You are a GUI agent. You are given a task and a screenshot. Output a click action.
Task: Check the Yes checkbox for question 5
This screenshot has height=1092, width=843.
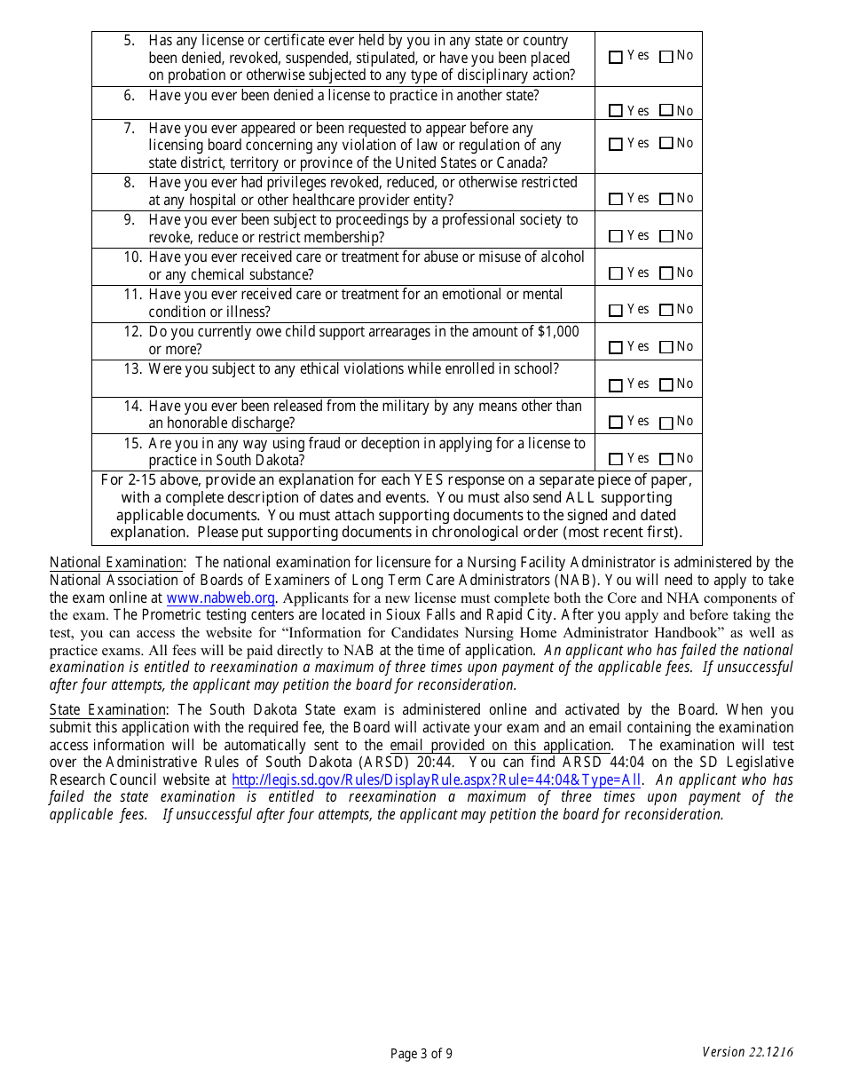tap(616, 57)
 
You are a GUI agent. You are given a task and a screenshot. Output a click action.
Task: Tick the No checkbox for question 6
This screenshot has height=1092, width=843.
tap(666, 112)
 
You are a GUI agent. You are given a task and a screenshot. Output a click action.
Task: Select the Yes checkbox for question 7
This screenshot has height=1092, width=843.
tap(616, 145)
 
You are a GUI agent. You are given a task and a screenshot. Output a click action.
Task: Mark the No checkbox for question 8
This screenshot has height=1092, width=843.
tap(666, 200)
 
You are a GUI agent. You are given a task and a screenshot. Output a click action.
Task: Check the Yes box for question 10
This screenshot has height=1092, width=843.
tap(616, 274)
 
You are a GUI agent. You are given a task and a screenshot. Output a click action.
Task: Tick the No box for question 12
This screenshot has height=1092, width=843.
tap(666, 348)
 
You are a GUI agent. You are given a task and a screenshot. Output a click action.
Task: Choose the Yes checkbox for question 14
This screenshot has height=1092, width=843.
tap(616, 423)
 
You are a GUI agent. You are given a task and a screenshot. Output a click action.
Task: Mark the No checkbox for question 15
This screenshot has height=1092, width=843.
tap(666, 460)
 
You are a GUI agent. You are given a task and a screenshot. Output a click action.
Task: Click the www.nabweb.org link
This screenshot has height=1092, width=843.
tap(221, 598)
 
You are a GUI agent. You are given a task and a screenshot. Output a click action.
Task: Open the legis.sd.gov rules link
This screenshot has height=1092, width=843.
tap(436, 780)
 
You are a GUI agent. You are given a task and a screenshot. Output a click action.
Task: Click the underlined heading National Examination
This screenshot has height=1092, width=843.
tap(116, 563)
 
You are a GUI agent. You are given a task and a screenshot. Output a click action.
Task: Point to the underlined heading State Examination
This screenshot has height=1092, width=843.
tap(107, 710)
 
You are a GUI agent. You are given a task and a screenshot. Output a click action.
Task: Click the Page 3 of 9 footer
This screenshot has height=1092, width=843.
tap(421, 1054)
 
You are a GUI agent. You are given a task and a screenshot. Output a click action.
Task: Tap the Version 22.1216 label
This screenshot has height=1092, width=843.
tap(747, 1052)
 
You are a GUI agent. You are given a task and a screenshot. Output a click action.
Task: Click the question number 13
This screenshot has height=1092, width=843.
tap(132, 369)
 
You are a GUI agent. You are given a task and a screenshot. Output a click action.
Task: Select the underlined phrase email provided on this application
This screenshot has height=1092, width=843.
tap(500, 746)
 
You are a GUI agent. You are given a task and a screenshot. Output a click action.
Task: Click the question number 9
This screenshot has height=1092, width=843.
tap(130, 220)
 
